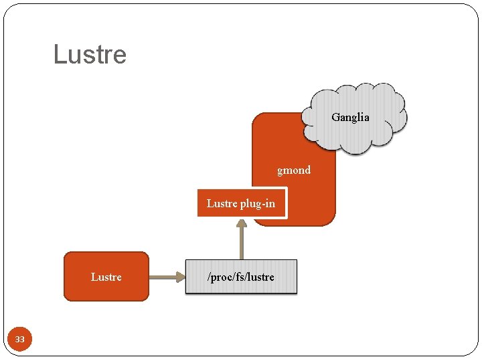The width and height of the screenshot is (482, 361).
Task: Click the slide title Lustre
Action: click(x=90, y=54)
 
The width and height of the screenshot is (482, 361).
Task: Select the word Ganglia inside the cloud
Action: click(x=350, y=117)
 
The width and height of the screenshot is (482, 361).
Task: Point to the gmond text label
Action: click(x=294, y=170)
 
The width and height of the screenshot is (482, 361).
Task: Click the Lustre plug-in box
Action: click(x=242, y=204)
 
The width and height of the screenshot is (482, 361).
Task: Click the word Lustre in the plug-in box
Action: click(x=222, y=203)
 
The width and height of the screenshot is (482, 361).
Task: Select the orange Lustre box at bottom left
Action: click(x=106, y=277)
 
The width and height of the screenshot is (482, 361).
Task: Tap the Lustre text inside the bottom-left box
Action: click(x=106, y=277)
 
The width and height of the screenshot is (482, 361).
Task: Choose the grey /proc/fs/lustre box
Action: click(x=241, y=277)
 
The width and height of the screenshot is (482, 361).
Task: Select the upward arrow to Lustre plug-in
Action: click(x=242, y=242)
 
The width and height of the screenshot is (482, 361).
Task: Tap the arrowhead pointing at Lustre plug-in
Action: click(x=242, y=225)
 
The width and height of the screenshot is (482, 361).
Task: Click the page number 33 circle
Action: click(x=19, y=340)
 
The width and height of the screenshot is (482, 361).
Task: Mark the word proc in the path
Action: click(x=222, y=277)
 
